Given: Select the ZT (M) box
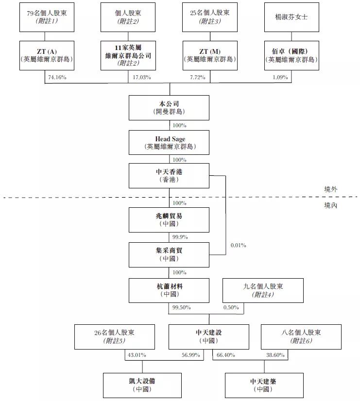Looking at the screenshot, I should click(210, 55).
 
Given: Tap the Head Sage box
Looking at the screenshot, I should click(169, 143).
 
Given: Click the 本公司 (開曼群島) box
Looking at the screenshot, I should click(169, 107).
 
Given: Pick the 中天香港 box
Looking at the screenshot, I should click(169, 176).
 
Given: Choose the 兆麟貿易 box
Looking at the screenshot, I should click(169, 219).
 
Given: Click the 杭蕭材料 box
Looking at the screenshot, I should click(169, 290).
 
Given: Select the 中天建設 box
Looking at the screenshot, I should click(209, 337).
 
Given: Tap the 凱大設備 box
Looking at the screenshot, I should click(142, 385).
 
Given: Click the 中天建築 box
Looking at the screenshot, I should click(264, 385).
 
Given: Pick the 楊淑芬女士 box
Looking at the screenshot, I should click(291, 17).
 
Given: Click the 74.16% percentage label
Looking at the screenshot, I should click(57, 77).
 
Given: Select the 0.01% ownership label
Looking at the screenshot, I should click(238, 245).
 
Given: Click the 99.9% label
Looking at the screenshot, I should click(180, 237).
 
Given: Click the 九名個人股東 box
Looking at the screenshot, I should click(263, 290).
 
